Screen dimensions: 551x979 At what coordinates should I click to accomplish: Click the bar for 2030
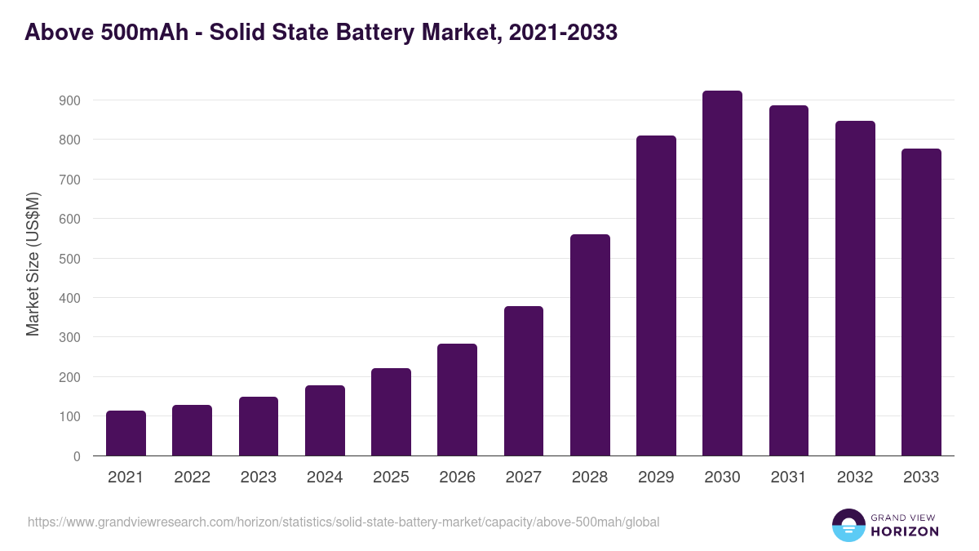click(722, 273)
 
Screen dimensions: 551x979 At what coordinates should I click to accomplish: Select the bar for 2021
click(126, 433)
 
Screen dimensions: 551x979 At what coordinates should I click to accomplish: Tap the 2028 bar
click(590, 345)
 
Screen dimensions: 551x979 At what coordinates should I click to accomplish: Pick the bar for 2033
click(921, 302)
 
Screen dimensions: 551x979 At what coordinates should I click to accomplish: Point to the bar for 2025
click(391, 412)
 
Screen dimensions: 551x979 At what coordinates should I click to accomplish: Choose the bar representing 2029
click(656, 295)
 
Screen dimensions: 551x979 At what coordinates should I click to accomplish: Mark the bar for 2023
click(259, 426)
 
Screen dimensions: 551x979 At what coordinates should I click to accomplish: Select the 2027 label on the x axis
click(523, 478)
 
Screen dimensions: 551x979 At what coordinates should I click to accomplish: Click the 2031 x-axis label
click(788, 478)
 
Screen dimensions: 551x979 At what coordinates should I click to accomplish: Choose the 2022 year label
click(192, 478)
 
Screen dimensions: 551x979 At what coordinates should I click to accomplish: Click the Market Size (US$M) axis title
click(33, 264)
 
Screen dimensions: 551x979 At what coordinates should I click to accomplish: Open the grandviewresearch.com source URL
click(343, 522)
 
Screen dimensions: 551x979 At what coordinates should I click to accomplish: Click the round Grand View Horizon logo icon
click(848, 525)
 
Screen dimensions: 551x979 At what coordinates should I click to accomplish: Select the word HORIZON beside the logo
click(904, 531)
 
